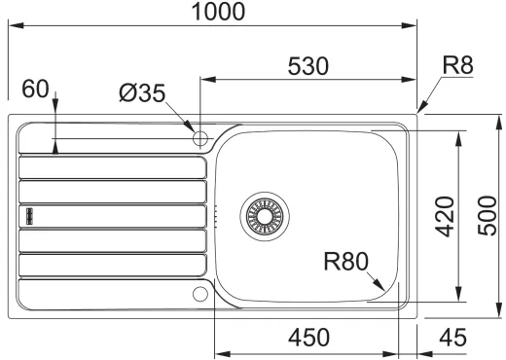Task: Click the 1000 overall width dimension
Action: point(218,12)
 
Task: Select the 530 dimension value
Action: point(308,66)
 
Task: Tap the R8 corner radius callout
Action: point(457,65)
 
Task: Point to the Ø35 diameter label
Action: point(142,93)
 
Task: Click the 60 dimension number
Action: point(35,89)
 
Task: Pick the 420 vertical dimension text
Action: point(445,216)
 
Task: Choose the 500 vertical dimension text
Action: point(488,215)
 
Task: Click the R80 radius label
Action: point(346,262)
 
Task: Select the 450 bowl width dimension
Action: point(308,337)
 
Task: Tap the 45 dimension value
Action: point(452,338)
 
